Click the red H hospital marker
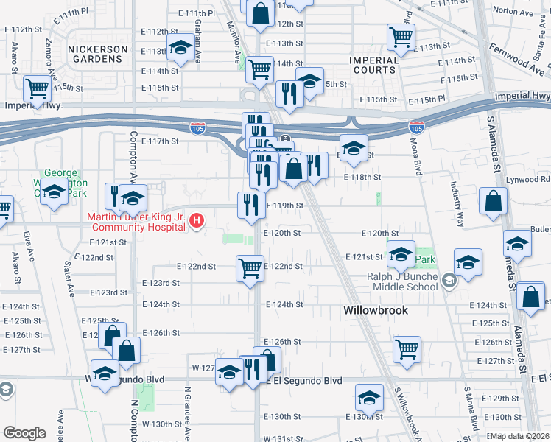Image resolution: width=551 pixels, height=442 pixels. pos(197,220)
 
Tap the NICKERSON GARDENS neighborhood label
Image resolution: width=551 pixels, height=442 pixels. pos(98,55)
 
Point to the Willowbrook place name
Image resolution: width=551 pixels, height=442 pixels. pos(375,311)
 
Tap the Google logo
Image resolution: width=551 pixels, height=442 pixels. pos(24,433)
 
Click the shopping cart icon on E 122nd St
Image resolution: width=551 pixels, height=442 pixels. pos(250,267)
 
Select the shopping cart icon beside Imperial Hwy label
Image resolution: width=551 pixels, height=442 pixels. pos(37,88)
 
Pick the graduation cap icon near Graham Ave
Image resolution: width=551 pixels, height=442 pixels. pos(179,49)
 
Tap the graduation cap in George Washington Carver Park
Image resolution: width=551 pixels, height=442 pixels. pos(54,193)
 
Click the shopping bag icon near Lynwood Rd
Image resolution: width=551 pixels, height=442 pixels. pos(492,201)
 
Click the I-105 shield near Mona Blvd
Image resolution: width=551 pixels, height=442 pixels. pos(416,128)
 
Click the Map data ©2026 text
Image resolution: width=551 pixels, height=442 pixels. pos(521,436)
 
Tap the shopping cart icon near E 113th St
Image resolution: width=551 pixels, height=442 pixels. pos(401,36)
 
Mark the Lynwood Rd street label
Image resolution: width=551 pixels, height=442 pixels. pos(534,179)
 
